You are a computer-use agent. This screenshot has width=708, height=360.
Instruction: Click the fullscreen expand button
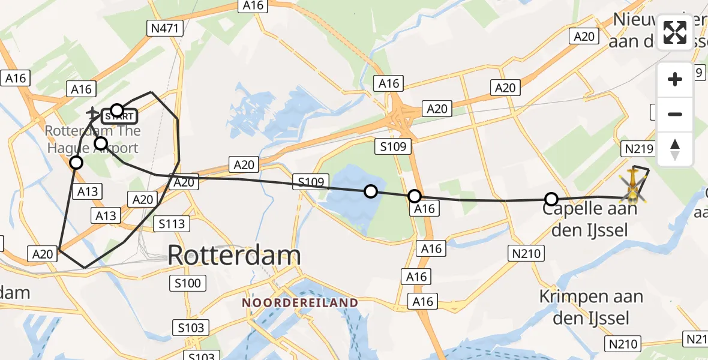click(x=675, y=32)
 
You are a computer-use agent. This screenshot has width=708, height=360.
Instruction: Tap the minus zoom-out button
click(x=675, y=114)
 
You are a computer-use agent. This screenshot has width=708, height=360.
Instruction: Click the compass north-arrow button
click(x=675, y=149)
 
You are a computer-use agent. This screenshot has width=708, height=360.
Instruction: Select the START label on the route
click(x=124, y=115)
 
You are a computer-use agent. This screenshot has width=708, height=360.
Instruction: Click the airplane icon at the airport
click(x=92, y=112)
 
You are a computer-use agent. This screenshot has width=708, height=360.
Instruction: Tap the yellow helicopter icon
click(x=634, y=185)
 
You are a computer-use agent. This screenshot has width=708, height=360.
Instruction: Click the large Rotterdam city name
click(x=234, y=256)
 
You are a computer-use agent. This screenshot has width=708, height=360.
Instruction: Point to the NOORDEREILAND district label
click(x=300, y=302)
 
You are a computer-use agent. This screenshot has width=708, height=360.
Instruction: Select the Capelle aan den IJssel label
click(x=590, y=219)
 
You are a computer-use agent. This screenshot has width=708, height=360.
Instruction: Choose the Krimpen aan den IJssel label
click(x=590, y=307)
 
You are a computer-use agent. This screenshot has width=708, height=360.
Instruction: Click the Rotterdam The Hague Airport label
click(x=93, y=139)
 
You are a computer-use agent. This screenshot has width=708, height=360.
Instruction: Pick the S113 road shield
click(x=172, y=224)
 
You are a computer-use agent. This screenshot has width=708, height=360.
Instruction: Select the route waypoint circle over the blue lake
click(x=371, y=191)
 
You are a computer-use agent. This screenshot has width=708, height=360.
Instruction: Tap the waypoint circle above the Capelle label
click(x=551, y=199)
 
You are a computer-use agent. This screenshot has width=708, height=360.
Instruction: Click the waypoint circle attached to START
click(x=117, y=110)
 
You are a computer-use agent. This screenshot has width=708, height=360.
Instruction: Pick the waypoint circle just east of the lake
click(x=414, y=196)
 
